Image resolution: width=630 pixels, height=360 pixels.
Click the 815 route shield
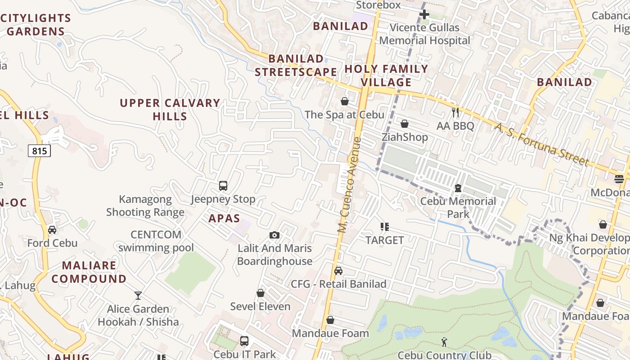pos(39,151)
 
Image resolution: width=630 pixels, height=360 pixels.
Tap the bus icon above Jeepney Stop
pos(223,185)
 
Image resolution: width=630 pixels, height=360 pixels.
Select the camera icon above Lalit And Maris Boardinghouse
pos(274,235)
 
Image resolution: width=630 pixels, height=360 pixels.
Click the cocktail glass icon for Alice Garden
pos(138,296)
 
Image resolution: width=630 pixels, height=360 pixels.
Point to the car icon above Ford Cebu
pos(52,230)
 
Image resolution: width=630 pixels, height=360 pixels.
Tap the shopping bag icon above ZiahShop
pos(405,124)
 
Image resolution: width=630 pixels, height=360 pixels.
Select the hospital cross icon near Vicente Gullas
pos(424,14)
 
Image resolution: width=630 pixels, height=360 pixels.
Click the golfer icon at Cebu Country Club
pos(445,342)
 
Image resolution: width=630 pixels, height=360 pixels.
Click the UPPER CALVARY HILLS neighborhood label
pos(170,109)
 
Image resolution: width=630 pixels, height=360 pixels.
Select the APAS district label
pos(224,219)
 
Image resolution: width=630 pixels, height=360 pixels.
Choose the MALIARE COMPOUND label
pos(89,272)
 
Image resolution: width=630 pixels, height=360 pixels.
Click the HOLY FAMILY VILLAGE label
pos(386,76)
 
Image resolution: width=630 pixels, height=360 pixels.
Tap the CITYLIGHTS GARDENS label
pos(36,25)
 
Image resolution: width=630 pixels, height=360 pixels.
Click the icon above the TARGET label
pos(384,227)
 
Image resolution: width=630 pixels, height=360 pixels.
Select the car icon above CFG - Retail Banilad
pos(338,271)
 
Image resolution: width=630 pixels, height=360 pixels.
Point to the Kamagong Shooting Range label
pos(145,206)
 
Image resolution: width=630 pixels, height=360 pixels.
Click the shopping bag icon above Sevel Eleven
pos(260,293)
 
